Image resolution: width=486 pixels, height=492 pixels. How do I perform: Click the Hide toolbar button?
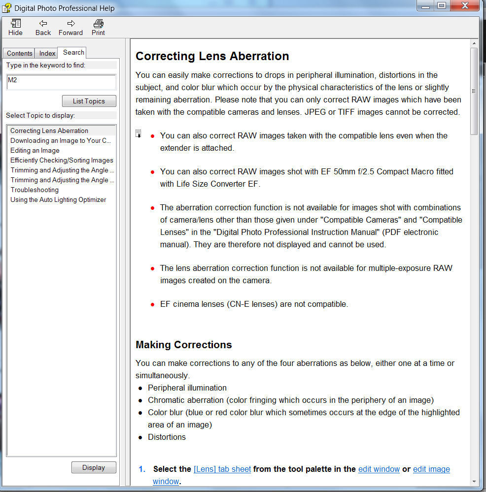[15, 27]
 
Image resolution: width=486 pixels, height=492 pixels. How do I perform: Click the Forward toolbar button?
[70, 27]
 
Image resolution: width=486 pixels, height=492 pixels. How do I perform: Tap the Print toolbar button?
[98, 27]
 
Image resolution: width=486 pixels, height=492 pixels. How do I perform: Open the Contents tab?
[20, 53]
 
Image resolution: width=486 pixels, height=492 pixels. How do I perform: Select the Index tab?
[47, 53]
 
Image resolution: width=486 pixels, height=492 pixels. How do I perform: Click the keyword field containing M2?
[61, 82]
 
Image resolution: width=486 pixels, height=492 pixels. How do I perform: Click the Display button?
[94, 467]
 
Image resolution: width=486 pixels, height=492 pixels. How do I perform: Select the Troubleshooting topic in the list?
[35, 190]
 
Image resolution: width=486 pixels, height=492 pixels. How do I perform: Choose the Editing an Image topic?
[35, 150]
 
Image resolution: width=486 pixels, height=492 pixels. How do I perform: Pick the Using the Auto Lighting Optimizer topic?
[58, 199]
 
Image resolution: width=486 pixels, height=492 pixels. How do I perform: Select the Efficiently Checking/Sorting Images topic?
[62, 160]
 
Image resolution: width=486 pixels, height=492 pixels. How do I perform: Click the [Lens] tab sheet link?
[222, 469]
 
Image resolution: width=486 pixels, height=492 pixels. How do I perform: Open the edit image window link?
[431, 469]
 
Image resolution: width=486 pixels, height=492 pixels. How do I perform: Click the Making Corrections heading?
[184, 344]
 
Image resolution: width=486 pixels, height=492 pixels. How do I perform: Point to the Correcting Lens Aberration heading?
[212, 56]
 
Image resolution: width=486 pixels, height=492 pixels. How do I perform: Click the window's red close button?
[465, 5]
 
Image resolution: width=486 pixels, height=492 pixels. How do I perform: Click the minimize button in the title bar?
[425, 5]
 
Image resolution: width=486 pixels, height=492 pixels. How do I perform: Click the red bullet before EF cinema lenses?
[153, 305]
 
